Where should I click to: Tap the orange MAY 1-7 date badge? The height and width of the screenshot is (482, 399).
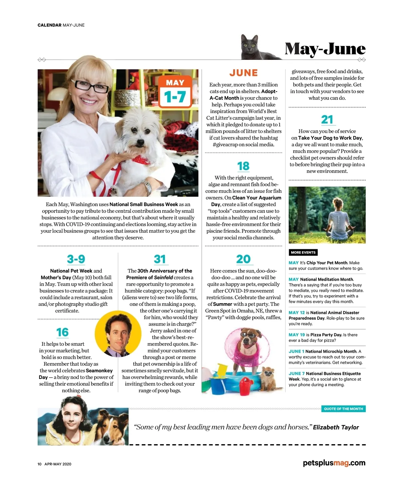(175, 92)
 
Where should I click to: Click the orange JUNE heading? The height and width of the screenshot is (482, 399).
(243, 73)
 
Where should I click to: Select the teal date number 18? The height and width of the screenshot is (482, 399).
(243, 166)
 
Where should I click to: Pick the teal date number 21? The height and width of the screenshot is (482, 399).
(327, 119)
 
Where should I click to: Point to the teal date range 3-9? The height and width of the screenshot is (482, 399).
(76, 259)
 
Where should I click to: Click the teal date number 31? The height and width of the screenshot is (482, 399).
(160, 259)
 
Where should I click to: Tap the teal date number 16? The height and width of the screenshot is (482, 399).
(63, 332)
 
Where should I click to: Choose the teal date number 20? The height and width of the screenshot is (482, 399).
(243, 259)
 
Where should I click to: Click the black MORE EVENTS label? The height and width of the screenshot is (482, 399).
(303, 252)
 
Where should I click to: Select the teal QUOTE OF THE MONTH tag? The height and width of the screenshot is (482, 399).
(343, 409)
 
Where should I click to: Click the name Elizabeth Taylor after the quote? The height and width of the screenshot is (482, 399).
(336, 427)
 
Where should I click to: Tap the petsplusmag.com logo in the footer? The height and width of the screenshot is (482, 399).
(334, 463)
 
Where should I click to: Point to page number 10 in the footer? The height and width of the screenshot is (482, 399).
(39, 464)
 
